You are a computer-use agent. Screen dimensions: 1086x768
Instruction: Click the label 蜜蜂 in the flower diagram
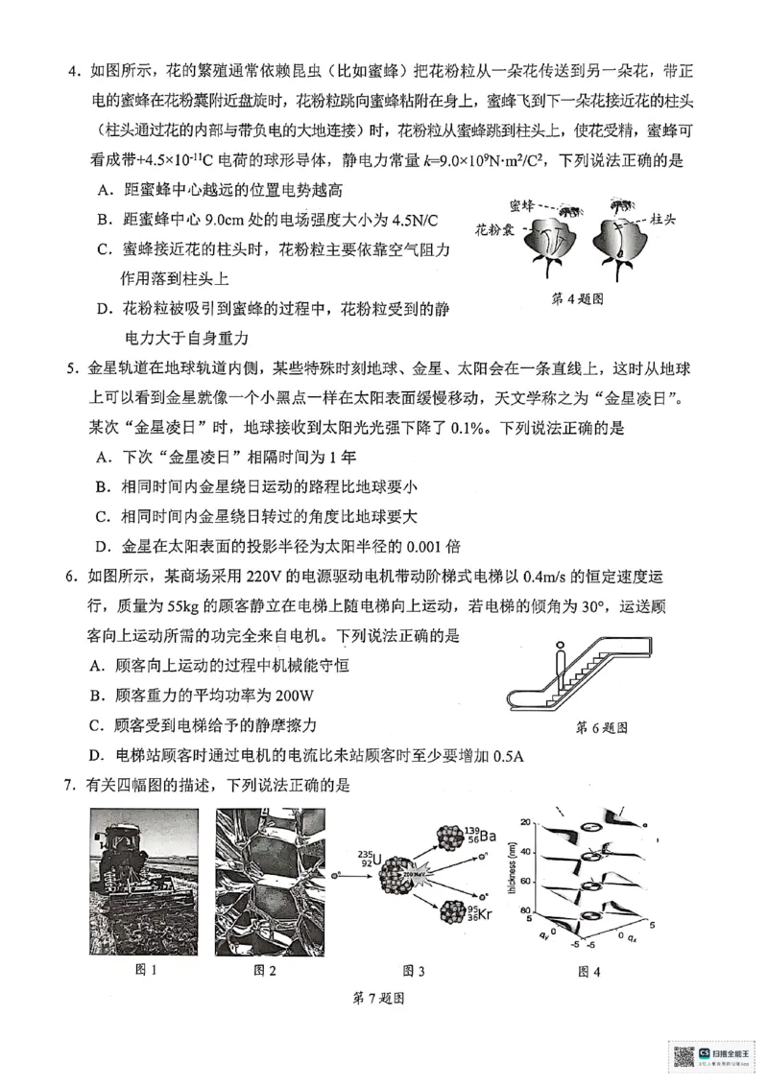point(522,205)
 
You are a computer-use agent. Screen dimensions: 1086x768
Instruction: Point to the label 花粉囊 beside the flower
point(494,230)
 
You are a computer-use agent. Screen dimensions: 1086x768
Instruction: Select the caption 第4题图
point(577,298)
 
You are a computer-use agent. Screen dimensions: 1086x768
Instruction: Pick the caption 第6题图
point(601,727)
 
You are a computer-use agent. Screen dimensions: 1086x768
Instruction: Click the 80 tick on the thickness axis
point(526,909)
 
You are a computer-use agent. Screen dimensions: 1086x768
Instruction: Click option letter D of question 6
point(95,754)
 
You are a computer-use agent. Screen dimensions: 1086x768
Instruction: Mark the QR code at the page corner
point(683,1056)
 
